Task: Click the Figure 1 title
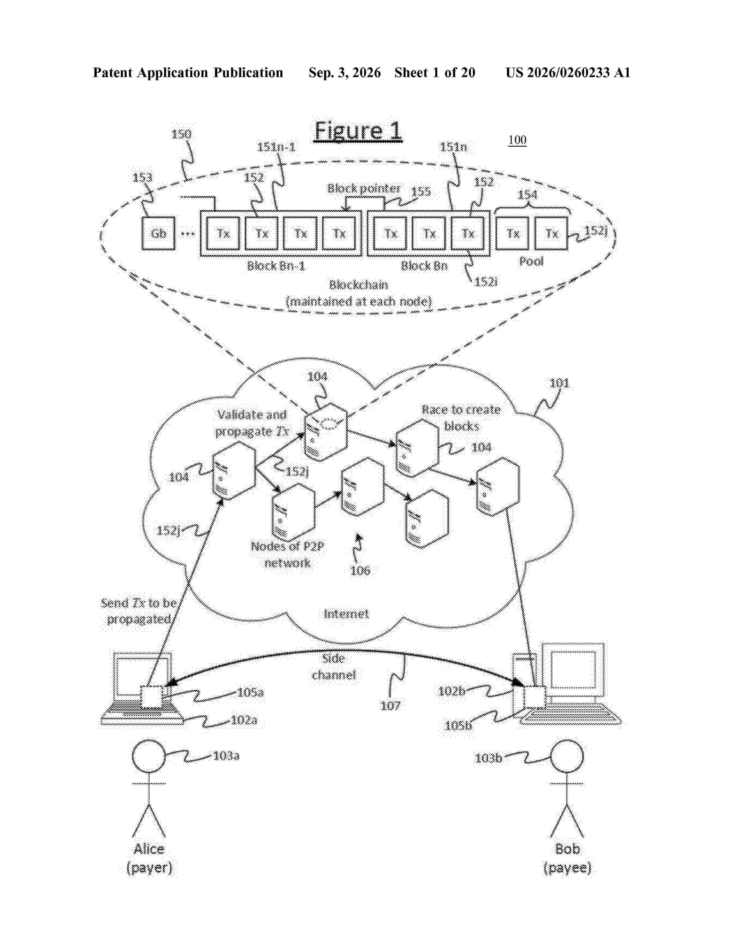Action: point(358,131)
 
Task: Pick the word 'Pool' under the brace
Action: point(531,261)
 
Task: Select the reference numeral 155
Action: point(421,192)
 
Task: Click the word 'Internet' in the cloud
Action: point(346,614)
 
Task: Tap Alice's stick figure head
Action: point(149,757)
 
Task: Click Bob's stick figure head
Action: point(567,757)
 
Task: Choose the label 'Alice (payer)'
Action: point(149,858)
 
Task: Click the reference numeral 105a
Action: point(250,692)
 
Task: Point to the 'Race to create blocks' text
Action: point(461,418)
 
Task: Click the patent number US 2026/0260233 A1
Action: point(568,72)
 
